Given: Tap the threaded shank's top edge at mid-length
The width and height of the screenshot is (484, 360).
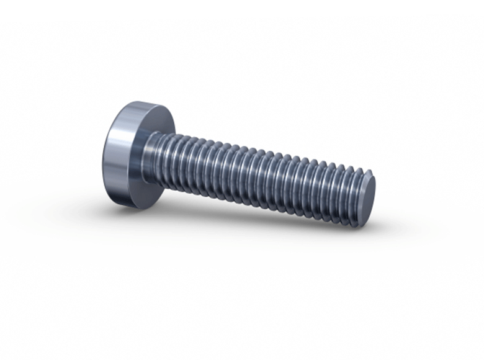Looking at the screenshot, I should point(261,150).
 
